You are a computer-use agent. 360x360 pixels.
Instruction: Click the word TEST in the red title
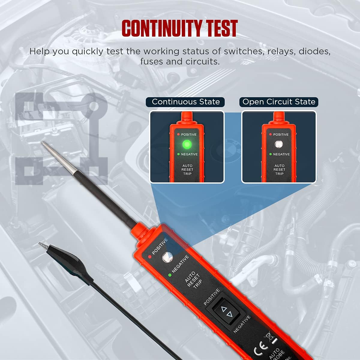coord(221,28)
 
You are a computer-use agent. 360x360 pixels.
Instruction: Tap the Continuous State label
coord(186,102)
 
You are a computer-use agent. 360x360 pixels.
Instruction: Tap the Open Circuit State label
coord(279,102)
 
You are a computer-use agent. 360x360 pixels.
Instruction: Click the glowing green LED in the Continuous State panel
coord(187,145)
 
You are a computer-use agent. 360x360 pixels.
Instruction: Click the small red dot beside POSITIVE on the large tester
coord(149,257)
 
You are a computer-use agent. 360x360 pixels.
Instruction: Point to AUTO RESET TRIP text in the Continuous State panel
coord(187,170)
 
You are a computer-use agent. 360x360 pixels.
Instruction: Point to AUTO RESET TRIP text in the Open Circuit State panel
coord(279,170)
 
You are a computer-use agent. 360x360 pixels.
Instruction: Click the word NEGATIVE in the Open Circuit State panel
coord(281,154)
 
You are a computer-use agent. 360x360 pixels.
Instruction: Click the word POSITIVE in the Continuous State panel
coord(189,134)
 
